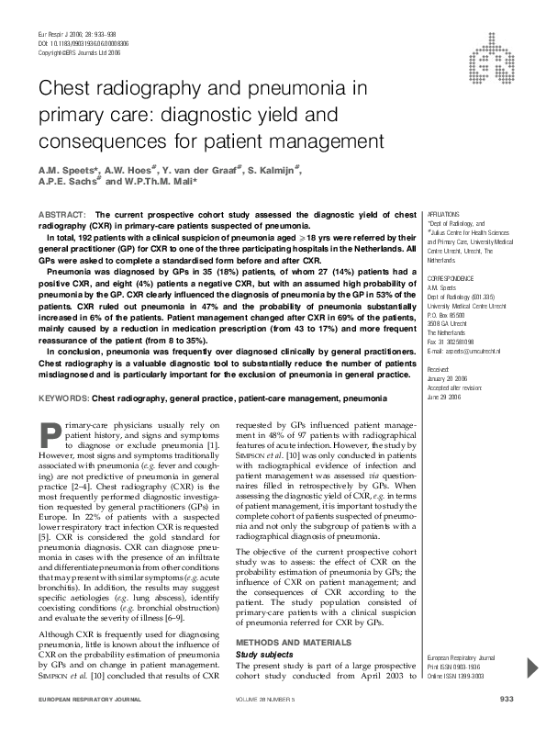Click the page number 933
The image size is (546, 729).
point(506,701)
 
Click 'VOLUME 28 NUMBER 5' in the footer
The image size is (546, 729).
point(273,701)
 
